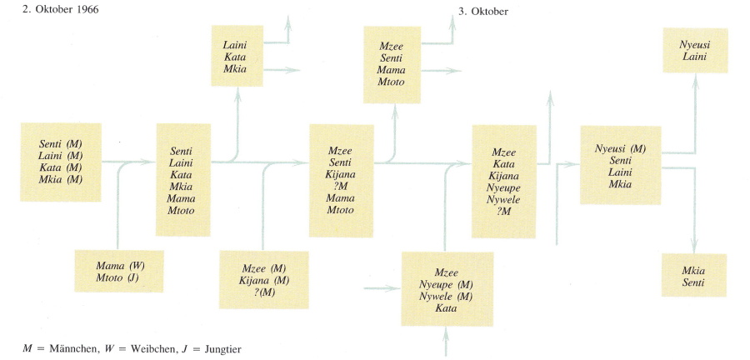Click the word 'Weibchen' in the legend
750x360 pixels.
click(132, 346)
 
